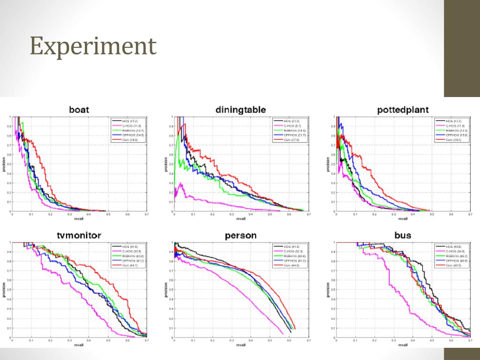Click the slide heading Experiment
tap(93, 46)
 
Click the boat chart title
tap(79, 110)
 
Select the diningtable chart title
tap(240, 110)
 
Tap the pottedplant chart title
tap(403, 111)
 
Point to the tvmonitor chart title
tap(79, 235)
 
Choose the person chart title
tap(240, 235)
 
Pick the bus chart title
tap(403, 235)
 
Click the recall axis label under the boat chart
tap(79, 218)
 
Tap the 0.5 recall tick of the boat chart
tap(108, 214)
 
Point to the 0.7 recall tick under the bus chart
tap(470, 340)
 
